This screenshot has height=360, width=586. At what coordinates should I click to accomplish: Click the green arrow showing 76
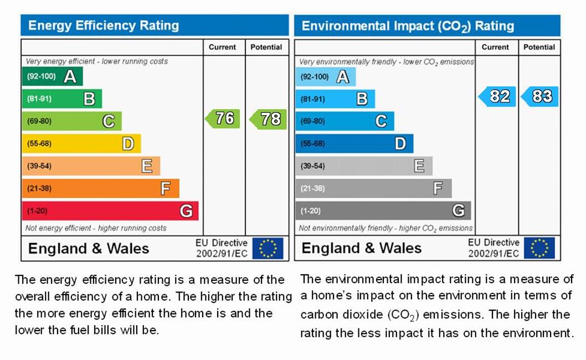tap(223, 119)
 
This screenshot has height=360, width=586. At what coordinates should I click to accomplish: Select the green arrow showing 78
tap(268, 119)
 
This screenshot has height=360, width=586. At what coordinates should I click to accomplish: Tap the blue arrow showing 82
tap(497, 96)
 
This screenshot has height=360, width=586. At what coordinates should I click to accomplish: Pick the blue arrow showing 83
tap(540, 96)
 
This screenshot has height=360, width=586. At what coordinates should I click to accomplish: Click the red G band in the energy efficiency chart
tap(110, 211)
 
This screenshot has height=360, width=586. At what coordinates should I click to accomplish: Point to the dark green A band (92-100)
tap(52, 76)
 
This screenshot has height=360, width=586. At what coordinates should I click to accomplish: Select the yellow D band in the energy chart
tap(81, 144)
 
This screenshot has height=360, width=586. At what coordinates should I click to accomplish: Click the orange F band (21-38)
tap(100, 188)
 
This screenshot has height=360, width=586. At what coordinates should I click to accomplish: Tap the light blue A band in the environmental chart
tap(325, 76)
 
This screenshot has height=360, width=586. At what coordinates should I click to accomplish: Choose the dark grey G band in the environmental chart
tap(383, 211)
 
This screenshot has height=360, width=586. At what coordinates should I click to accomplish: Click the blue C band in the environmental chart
tap(345, 121)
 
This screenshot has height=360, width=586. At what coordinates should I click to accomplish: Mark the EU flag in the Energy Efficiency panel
tap(268, 248)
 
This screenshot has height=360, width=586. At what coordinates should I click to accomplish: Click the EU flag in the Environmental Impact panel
tap(539, 248)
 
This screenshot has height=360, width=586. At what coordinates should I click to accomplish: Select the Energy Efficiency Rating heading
tap(104, 25)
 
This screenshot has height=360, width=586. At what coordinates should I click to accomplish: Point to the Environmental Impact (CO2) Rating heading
tap(408, 26)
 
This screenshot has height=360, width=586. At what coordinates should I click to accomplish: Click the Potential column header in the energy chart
tap(266, 47)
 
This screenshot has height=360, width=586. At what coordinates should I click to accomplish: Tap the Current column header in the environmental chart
tap(495, 47)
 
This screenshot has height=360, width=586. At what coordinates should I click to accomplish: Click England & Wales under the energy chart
tap(89, 248)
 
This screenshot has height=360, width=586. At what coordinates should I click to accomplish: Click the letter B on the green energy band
tap(89, 99)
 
